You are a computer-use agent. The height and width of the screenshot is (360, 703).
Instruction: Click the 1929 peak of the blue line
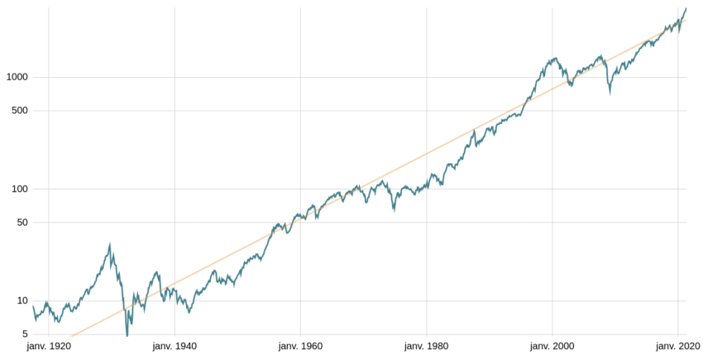pyautogui.click(x=110, y=244)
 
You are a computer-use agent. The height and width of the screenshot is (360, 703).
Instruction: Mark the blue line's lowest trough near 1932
pyautogui.click(x=127, y=335)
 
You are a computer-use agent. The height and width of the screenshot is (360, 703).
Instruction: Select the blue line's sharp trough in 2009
pyautogui.click(x=610, y=94)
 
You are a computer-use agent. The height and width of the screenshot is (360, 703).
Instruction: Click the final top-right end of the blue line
pyautogui.click(x=686, y=8)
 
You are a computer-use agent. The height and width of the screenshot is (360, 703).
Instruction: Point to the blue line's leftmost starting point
pyautogui.click(x=33, y=306)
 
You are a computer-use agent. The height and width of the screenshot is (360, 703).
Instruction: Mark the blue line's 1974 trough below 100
pyautogui.click(x=394, y=210)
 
